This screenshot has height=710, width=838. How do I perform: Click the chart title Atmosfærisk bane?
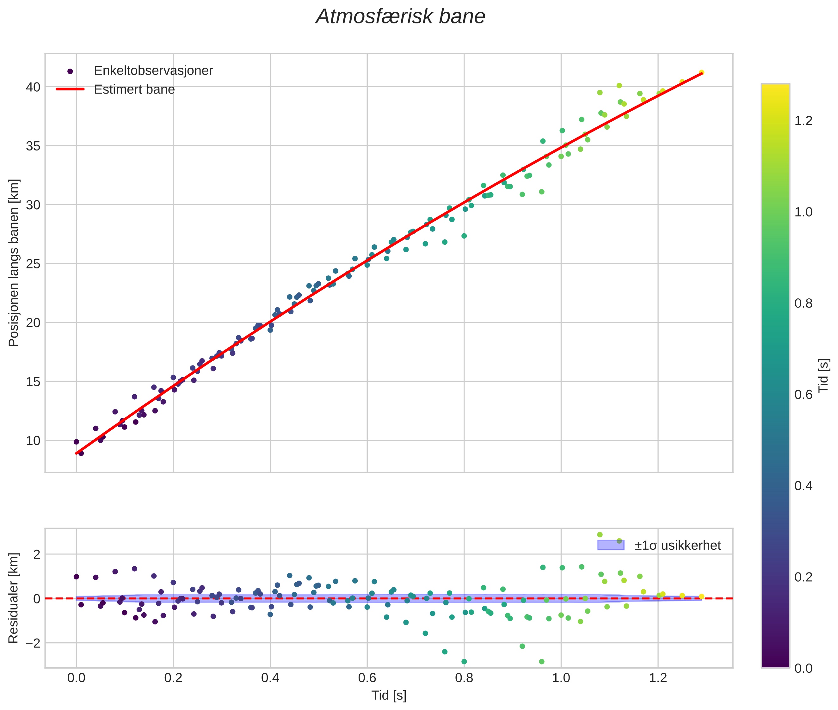pos(400,17)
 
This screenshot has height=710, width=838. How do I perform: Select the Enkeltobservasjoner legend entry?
pos(153,71)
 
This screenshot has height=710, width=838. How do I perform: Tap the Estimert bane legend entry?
pos(134,89)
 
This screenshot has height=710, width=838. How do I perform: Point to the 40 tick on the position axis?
pos(33,87)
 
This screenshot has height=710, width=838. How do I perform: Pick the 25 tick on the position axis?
pos(33,264)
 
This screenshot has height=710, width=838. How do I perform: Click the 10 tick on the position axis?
pos(33,441)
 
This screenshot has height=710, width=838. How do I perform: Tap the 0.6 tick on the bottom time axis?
pos(367,678)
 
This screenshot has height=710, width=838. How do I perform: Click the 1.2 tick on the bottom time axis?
pos(658,678)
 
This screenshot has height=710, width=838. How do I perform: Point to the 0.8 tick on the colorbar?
pos(803,303)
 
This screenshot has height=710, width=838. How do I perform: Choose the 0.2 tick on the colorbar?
pos(803,577)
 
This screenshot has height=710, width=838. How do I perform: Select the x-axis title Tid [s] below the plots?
pos(389,695)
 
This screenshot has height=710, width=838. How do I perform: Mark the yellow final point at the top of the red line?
pos(701,72)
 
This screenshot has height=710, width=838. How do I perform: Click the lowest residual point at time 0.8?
pos(464,662)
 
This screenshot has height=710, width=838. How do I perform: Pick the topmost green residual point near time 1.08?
pos(600,535)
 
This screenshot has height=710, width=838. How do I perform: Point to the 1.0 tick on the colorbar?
pos(803,212)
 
